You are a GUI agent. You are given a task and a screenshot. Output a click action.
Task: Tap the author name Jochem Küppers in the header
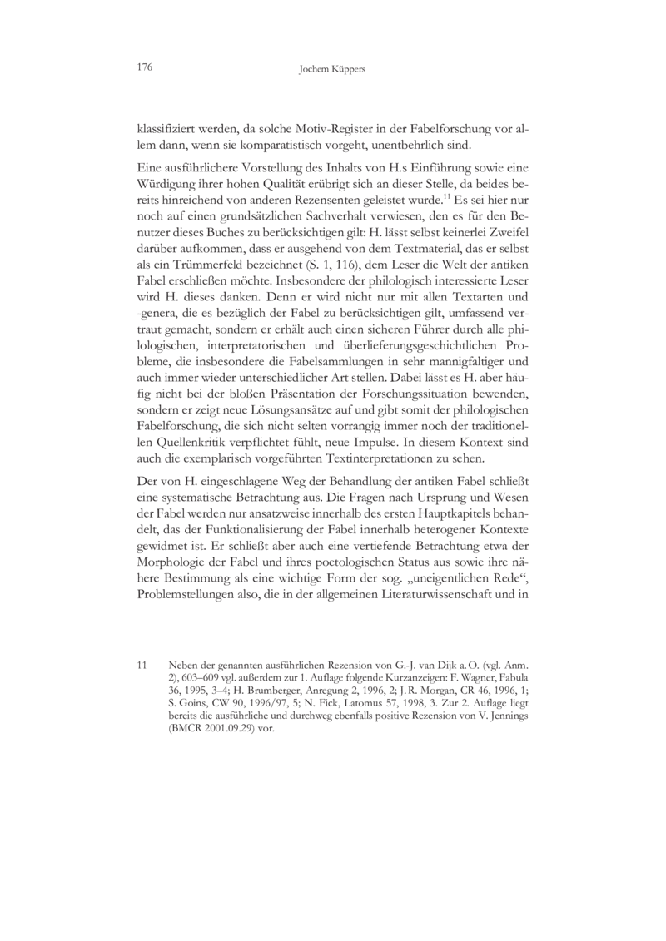(x=332, y=69)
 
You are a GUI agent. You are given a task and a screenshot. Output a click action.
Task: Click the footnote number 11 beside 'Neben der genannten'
(x=142, y=666)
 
